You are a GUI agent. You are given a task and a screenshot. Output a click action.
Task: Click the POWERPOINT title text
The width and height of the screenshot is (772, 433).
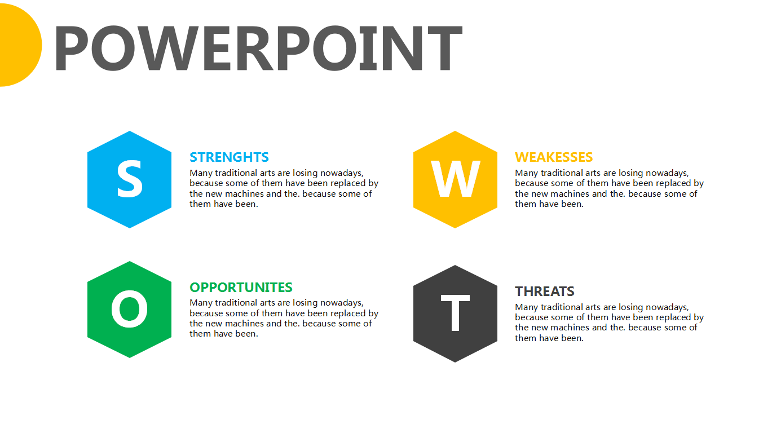tap(258, 48)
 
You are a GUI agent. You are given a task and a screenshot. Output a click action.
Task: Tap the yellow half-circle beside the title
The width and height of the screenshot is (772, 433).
tap(20, 45)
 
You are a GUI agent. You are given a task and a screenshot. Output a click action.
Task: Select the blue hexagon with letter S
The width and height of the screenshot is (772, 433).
tap(129, 179)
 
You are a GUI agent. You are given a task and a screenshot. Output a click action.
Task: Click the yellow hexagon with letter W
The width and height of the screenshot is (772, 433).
tap(455, 179)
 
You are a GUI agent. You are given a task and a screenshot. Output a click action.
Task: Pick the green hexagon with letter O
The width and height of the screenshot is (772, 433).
tap(129, 310)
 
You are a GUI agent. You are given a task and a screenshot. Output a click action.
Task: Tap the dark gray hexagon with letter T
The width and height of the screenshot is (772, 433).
tap(455, 313)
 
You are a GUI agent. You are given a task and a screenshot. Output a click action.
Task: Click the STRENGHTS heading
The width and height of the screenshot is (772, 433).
tap(229, 157)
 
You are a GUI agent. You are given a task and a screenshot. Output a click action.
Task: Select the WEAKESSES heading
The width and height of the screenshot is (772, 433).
tap(554, 157)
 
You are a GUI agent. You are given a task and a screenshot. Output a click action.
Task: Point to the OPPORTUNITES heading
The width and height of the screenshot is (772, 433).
tap(241, 288)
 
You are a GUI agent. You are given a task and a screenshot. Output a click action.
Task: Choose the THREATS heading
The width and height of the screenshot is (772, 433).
tap(545, 291)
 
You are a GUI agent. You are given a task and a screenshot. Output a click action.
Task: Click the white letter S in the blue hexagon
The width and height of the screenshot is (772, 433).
tap(130, 179)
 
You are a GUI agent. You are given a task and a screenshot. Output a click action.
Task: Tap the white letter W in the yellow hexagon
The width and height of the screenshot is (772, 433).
tap(455, 179)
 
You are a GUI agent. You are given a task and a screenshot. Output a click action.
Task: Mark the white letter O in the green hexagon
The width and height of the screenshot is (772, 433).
tap(130, 308)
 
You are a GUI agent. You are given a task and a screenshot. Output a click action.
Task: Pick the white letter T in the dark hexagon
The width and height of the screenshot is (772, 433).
tap(455, 313)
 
